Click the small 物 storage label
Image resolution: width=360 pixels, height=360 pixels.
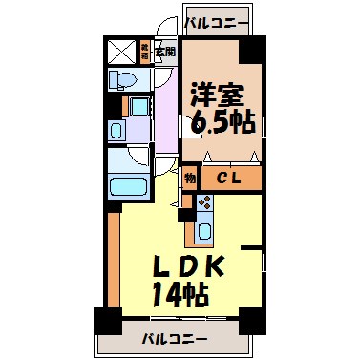(x=189, y=177)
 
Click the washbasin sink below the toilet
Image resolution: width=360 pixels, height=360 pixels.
(x=117, y=127)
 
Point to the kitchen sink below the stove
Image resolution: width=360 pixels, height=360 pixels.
(x=205, y=231)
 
